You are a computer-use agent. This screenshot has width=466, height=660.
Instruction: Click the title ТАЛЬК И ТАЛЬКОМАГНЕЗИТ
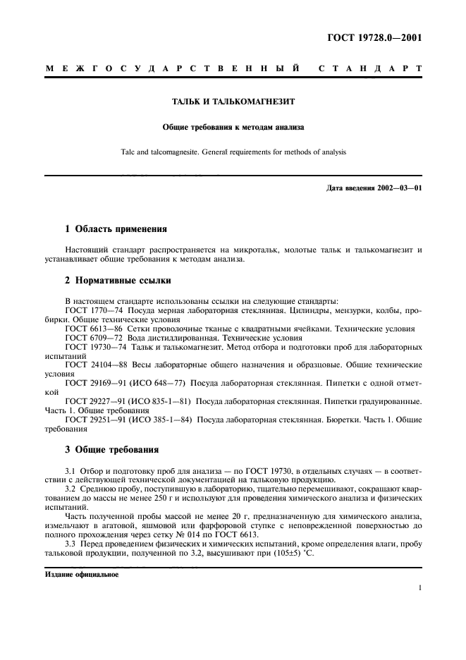click(233, 102)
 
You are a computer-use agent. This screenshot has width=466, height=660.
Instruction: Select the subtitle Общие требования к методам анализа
click(233, 128)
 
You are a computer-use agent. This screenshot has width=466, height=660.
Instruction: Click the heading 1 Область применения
click(116, 229)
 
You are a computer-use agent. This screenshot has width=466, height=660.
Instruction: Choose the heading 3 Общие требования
click(111, 449)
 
